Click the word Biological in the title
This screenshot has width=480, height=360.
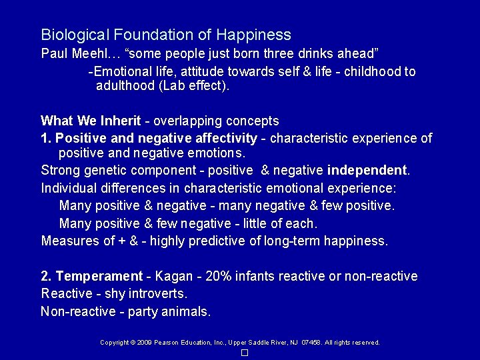[71, 34]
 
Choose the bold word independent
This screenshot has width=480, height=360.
[368, 171]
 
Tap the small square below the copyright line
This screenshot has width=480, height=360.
[245, 353]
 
